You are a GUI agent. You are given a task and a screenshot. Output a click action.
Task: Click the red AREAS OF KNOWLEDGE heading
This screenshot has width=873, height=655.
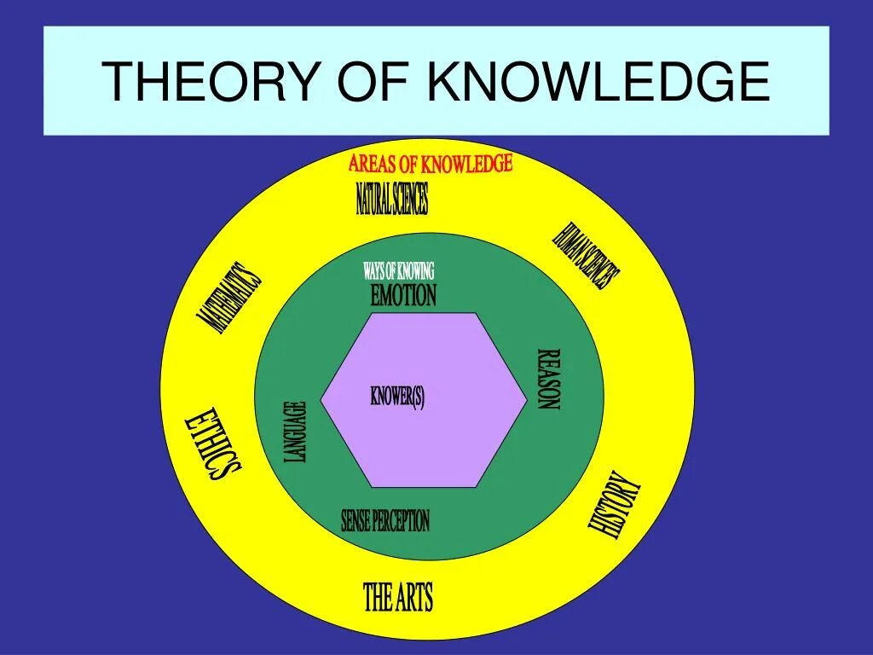click(x=431, y=163)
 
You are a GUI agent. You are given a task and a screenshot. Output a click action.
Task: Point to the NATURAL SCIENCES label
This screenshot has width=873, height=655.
click(x=392, y=199)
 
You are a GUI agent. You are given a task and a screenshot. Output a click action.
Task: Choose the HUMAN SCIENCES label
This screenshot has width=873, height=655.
click(x=587, y=256)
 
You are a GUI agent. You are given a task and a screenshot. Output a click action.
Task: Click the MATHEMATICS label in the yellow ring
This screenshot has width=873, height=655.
click(x=229, y=297)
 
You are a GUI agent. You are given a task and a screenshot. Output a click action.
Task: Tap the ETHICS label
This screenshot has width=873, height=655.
click(x=213, y=445)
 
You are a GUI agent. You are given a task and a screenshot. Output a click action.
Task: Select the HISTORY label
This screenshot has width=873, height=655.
click(x=614, y=506)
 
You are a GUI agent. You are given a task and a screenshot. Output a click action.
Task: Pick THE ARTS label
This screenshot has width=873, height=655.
click(x=398, y=598)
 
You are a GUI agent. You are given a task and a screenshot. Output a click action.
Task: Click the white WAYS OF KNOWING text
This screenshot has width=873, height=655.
click(x=399, y=271)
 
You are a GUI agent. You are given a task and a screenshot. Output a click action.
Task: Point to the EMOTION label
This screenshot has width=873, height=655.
click(x=403, y=296)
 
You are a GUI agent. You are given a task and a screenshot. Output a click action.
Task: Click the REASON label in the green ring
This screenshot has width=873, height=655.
click(x=548, y=379)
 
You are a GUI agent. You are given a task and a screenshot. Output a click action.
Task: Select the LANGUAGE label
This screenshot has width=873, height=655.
click(x=294, y=432)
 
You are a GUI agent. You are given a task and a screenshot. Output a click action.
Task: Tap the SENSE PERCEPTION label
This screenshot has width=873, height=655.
click(x=385, y=520)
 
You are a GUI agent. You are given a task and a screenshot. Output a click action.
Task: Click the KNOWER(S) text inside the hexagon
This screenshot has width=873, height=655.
click(x=397, y=397)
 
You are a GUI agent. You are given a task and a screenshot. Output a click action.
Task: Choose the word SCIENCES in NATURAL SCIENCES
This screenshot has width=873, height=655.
click(x=408, y=199)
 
